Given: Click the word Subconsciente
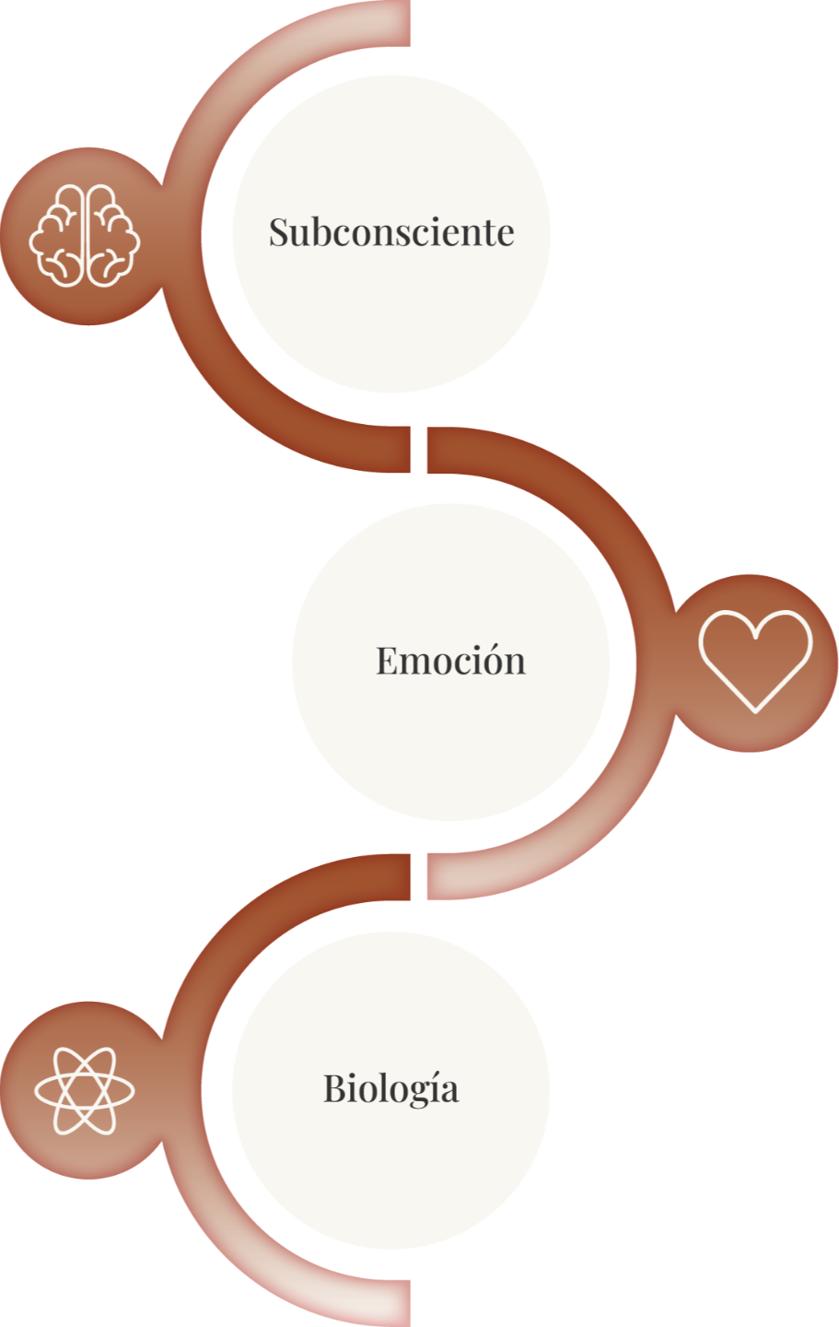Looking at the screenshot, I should tap(391, 231).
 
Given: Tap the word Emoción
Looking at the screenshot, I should tap(450, 660).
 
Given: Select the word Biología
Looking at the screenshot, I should tap(390, 1088).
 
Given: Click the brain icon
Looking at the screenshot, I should tap(85, 236).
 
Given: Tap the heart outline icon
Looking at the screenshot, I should tap(755, 660).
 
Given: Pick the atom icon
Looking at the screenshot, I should tap(85, 1091).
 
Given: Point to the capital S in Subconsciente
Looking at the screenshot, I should tap(279, 231).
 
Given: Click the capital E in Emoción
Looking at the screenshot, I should tap(387, 660).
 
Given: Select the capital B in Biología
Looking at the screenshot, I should tap(334, 1088).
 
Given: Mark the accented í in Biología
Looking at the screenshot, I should tap(429, 1088).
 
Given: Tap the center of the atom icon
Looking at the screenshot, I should tap(85, 1091).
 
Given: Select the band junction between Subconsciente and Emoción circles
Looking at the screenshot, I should tap(418, 452).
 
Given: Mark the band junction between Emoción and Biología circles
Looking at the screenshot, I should tap(418, 875).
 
